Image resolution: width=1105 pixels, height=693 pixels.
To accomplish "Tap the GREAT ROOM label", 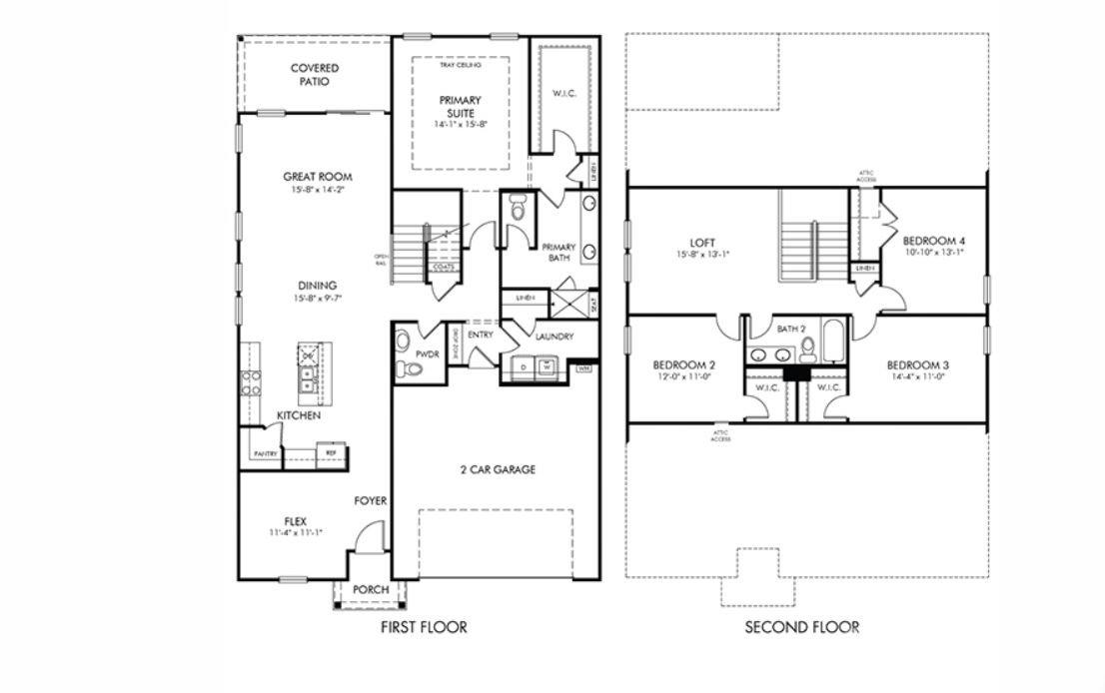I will pos(317,177).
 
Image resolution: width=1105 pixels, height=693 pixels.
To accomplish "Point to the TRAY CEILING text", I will pos(460,65).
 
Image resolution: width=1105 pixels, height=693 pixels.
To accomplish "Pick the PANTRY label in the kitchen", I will pos(265,454).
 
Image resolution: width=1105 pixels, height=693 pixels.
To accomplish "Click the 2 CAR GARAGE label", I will pos(497,469).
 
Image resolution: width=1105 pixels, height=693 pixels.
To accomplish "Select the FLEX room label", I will pos(295,520).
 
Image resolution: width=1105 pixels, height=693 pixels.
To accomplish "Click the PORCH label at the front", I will pos(371,590).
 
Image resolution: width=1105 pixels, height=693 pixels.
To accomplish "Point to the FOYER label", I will pos(370,501).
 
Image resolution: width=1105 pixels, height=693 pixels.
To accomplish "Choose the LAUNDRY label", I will pos(553,338).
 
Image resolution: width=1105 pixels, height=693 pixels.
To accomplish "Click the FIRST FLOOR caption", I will pos(424,628).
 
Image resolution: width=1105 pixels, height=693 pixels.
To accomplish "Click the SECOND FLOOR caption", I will pos(801,628).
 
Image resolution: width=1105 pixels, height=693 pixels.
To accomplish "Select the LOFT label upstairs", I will pos(703,243).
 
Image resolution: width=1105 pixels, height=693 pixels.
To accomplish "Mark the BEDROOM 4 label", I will pos(934,241).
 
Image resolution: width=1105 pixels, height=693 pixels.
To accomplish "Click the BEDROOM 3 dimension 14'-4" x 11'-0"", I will pos(916,378).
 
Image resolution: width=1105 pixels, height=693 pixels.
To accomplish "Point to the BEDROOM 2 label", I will pos(684,365).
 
